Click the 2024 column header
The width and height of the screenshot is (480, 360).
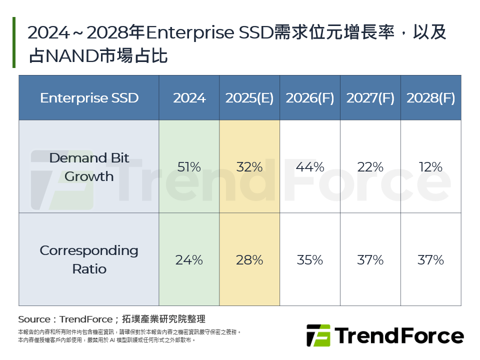coord(189,98)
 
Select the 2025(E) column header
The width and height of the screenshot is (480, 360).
coord(249,98)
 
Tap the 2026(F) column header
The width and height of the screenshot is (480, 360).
coord(310,98)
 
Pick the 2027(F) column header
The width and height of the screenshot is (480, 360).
coord(370,98)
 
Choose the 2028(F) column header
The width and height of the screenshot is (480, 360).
coord(430,98)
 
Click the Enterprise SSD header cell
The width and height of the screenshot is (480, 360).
coord(89,98)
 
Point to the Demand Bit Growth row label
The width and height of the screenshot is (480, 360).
coord(89,167)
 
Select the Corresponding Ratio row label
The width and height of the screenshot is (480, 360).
coord(89,259)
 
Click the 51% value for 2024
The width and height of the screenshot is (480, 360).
coord(189,167)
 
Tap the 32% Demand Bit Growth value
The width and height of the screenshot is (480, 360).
coord(249,167)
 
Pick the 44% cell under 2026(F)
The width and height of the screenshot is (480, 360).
coord(310,167)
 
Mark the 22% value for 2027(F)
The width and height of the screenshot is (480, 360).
coord(370,167)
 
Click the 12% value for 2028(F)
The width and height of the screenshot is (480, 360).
coord(430,167)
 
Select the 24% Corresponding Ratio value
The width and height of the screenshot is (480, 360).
coord(189,260)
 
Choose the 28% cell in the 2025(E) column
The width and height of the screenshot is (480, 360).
coord(249,260)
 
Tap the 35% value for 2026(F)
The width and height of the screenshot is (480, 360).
coord(310,260)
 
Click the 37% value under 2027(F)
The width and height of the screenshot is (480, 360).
coord(370,260)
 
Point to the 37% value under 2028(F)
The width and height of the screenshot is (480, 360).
coord(430,260)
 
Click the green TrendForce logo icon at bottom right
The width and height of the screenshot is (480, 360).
coord(318,335)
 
